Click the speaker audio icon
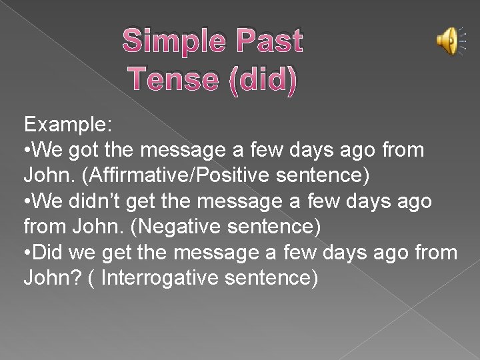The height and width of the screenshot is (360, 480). coord(447,41)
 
